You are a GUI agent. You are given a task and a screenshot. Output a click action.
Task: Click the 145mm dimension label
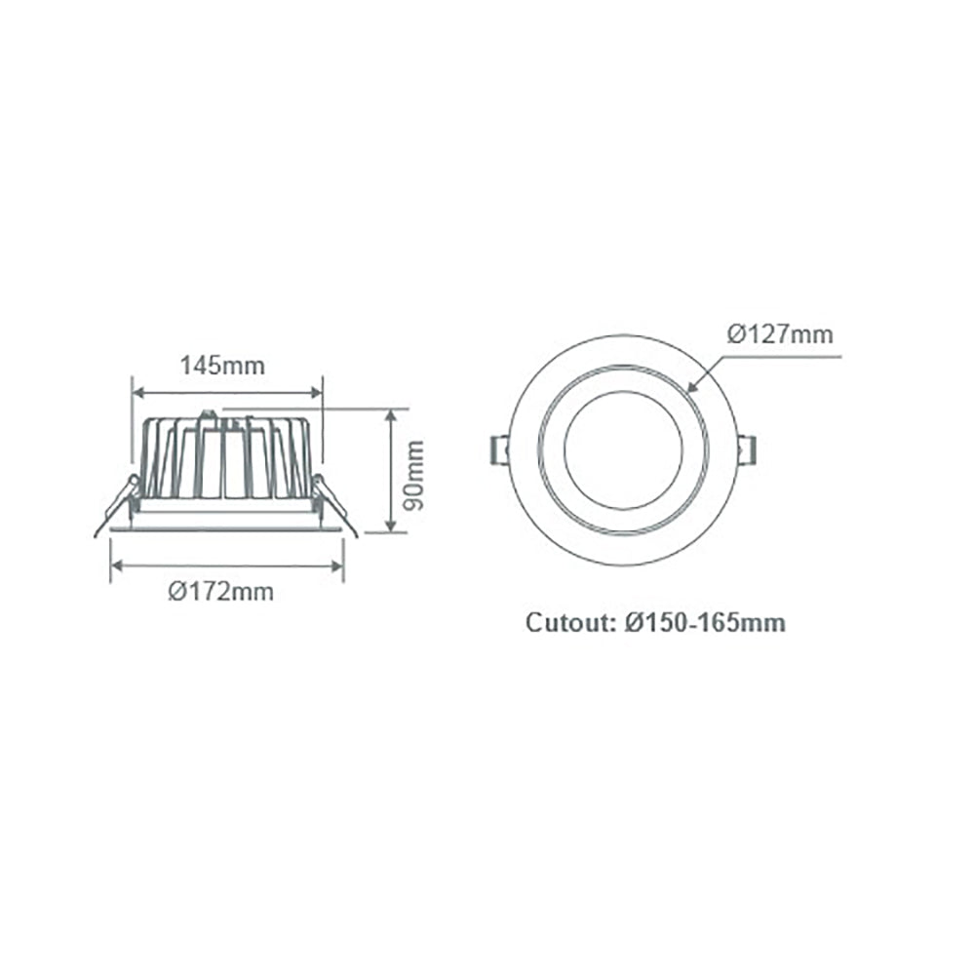click(x=222, y=367)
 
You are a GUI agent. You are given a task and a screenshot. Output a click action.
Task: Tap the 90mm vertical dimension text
click(x=415, y=475)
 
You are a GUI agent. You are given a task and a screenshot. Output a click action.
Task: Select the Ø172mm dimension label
click(x=220, y=592)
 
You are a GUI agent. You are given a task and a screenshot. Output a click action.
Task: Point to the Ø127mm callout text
click(x=780, y=334)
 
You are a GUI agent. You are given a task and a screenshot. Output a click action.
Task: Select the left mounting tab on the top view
click(x=497, y=450)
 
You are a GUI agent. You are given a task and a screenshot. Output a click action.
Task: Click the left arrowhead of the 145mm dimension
click(x=136, y=393)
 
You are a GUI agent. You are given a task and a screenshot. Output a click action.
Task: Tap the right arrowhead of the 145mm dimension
click(x=317, y=393)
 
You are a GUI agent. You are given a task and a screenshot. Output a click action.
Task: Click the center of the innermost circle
click(x=622, y=450)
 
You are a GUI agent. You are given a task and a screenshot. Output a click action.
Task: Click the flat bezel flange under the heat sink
click(x=226, y=524)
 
